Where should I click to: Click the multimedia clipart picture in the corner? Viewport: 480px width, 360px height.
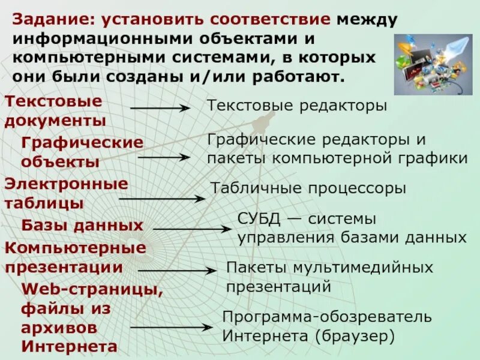tap(432, 64)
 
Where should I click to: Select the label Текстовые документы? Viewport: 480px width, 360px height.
tap(55, 110)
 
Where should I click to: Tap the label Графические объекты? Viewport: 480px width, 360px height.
tap(82, 152)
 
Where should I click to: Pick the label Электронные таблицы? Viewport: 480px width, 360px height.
tap(66, 193)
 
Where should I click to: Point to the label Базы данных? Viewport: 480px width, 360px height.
tap(82, 226)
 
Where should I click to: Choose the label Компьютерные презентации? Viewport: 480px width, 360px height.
tap(76, 257)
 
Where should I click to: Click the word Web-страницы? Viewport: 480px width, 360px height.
tap(92, 290)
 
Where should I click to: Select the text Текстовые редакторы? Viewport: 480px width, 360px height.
tap(297, 106)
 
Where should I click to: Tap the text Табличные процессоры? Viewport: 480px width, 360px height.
tap(308, 188)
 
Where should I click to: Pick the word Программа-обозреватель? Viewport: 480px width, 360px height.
tap(327, 316)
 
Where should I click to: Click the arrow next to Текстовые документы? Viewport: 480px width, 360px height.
tap(160, 109)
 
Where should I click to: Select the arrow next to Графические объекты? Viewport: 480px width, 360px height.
tap(163, 157)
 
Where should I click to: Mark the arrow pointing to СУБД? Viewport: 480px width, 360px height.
tap(193, 229)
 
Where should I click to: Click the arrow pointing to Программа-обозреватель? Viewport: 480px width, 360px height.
tap(171, 328)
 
